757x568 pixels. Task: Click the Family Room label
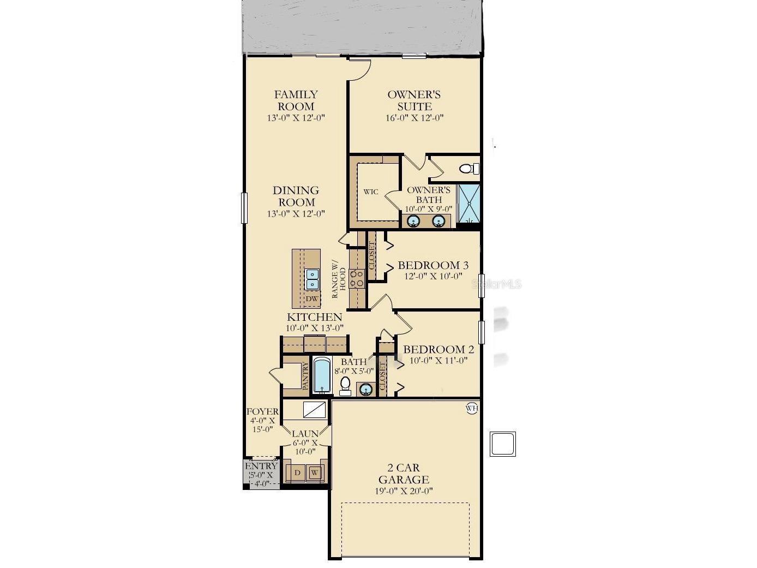pyautogui.click(x=296, y=100)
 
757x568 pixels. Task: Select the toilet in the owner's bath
pyautogui.click(x=468, y=169)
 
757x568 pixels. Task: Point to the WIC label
pyautogui.click(x=371, y=192)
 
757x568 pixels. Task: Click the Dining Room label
pyautogui.click(x=296, y=196)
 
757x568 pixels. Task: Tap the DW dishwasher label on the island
pyautogui.click(x=311, y=299)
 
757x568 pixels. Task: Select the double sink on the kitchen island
pyautogui.click(x=312, y=279)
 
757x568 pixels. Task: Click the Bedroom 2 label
pyautogui.click(x=438, y=349)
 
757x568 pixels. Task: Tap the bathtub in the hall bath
pyautogui.click(x=322, y=375)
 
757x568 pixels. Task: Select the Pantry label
pyautogui.click(x=305, y=376)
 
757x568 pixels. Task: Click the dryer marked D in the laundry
pyautogui.click(x=297, y=473)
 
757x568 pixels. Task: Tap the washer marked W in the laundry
pyautogui.click(x=315, y=473)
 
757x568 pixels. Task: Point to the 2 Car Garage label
pyautogui.click(x=404, y=474)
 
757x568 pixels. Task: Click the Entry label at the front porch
pyautogui.click(x=261, y=467)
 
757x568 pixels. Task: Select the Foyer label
pyautogui.click(x=262, y=412)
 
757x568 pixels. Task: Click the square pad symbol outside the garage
pyautogui.click(x=502, y=444)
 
